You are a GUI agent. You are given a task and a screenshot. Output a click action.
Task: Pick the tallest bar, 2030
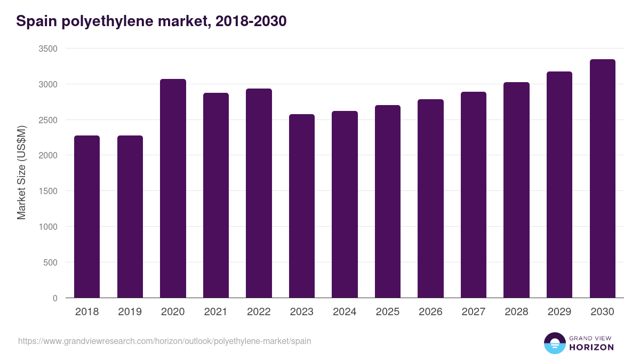pos(602,179)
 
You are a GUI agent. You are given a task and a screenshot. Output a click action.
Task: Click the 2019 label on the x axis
pos(130,312)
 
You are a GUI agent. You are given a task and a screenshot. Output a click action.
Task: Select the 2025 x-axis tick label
pos(387,312)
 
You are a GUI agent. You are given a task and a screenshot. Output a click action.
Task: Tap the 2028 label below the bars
pos(516,312)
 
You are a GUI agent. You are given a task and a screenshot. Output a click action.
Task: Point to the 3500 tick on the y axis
pos(48,49)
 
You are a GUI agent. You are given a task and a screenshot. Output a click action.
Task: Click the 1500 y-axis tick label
pos(48,191)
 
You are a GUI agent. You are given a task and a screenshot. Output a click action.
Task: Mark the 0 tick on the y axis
pos(55,298)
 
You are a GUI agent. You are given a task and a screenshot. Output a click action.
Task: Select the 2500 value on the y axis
pos(48,120)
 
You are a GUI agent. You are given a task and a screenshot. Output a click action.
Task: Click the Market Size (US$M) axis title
pos(21,173)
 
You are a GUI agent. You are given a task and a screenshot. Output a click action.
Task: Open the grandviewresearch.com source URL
pos(164,341)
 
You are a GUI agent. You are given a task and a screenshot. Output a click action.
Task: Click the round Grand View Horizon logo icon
pos(554,343)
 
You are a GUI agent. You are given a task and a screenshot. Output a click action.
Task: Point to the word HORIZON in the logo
pos(591,347)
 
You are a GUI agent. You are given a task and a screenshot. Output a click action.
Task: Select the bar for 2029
pos(559,185)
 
